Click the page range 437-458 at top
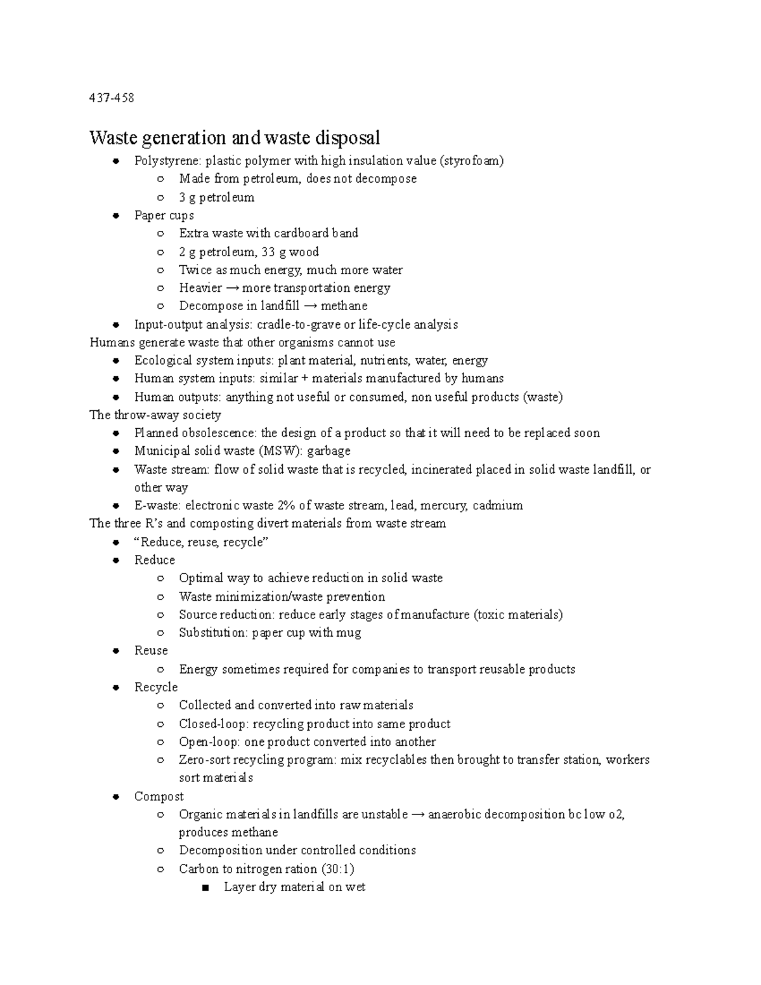click(x=112, y=98)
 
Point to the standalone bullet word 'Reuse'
click(x=151, y=651)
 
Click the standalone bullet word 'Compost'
click(x=159, y=797)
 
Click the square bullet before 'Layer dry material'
click(x=204, y=888)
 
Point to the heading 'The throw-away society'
click(x=155, y=415)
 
